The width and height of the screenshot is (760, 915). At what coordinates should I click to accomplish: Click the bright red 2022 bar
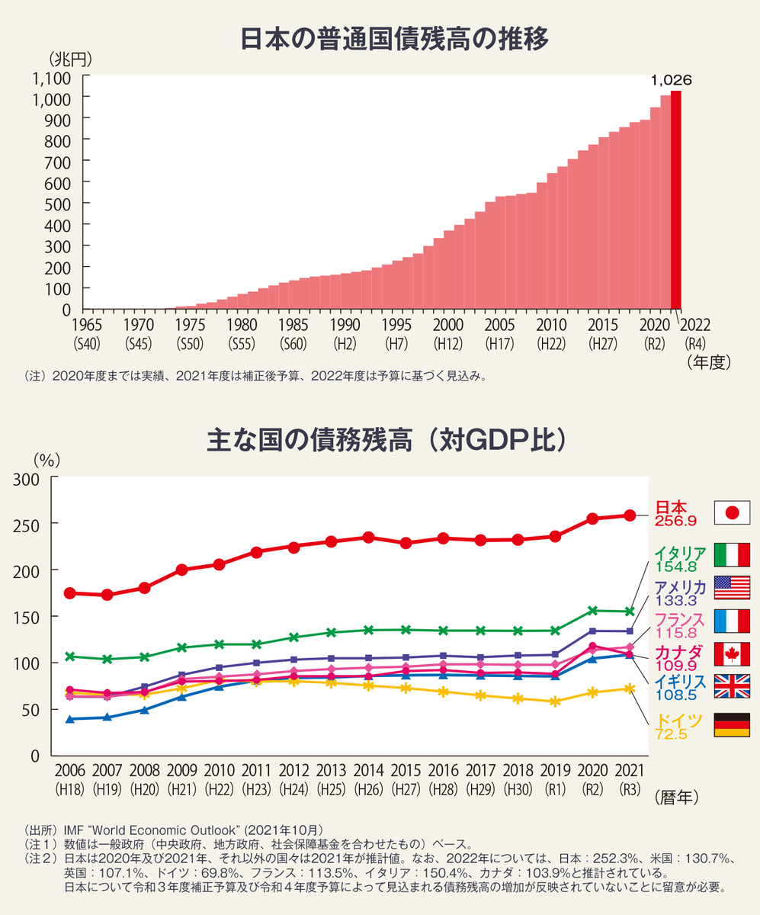pos(675,200)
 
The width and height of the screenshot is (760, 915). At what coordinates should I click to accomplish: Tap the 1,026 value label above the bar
pos(670,79)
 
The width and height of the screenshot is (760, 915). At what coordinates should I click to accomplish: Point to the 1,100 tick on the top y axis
pos(52,78)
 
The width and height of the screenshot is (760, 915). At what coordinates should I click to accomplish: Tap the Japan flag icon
pos(732,512)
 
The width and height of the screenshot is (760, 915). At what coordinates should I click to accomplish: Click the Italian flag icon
pos(732,554)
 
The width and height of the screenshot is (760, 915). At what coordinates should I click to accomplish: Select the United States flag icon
pos(732,588)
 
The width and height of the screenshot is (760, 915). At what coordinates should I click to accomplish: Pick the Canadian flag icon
pos(732,654)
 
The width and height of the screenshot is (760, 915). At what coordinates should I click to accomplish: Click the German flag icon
pos(732,724)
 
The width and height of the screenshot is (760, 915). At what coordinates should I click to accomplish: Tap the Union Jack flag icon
pos(732,685)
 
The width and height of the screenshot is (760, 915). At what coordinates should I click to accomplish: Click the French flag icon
pos(732,621)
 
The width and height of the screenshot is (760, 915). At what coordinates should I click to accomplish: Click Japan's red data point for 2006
pos(70,592)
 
